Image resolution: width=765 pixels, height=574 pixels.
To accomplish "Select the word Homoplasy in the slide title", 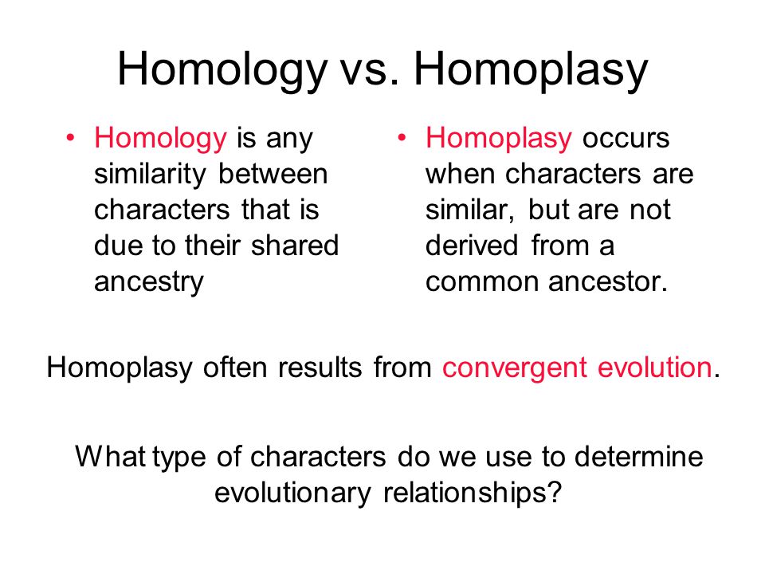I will coord(531,69).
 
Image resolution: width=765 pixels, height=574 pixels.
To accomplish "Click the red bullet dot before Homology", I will coord(72,139).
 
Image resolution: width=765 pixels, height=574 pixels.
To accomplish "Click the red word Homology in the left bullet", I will coord(160,139).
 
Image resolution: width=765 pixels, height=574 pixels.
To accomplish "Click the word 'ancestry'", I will coord(149,282).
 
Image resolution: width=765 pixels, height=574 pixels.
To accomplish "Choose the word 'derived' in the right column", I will coord(473,246).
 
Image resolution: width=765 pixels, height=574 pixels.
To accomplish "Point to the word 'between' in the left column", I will coord(273,174).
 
